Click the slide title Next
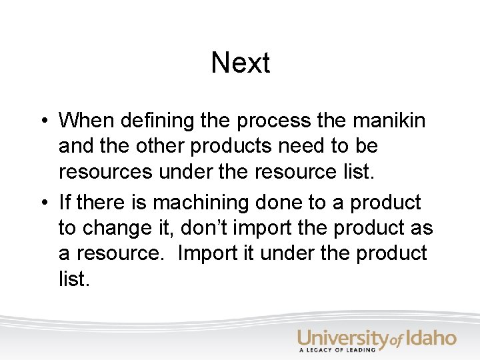(x=240, y=63)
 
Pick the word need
(x=299, y=146)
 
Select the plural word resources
(x=105, y=172)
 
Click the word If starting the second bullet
(x=65, y=202)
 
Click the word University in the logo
(x=343, y=339)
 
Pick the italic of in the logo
(x=396, y=341)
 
